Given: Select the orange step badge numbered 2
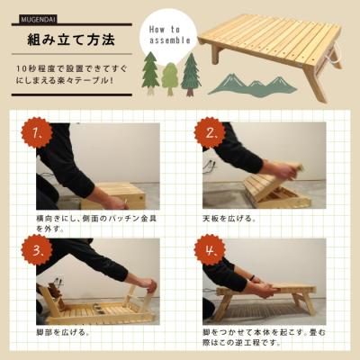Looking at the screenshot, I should pos(210,135).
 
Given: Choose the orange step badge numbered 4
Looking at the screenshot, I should pos(210,249).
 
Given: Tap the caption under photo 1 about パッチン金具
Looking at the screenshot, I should pos(90,223).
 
